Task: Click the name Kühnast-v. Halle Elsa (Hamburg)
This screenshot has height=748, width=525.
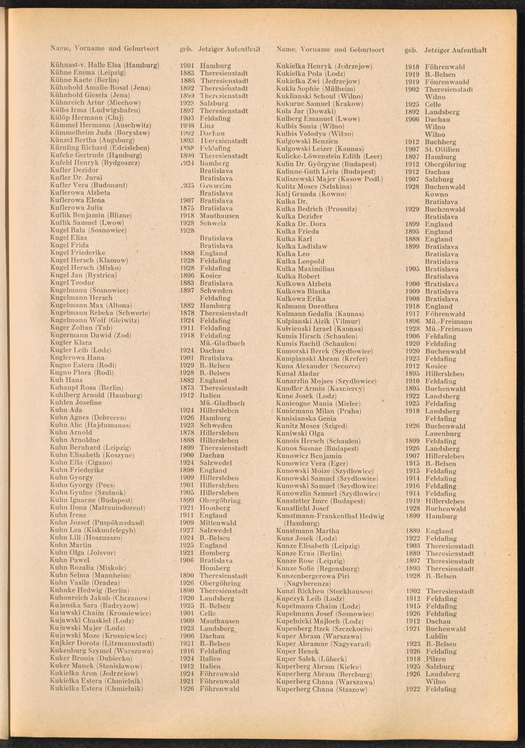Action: click(x=104, y=66)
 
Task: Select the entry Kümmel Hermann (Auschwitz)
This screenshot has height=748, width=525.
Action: click(x=100, y=126)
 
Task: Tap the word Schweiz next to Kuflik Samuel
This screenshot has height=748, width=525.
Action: click(x=213, y=223)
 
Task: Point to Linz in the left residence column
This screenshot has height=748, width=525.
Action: click(x=207, y=126)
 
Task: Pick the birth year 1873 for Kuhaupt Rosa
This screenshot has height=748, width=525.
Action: click(x=187, y=388)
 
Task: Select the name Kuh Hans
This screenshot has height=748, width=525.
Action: click(x=66, y=380)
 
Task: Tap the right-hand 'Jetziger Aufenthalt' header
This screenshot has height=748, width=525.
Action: click(x=456, y=50)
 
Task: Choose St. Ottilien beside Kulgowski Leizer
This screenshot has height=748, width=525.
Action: click(x=442, y=150)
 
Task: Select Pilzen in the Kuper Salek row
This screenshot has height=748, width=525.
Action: click(x=436, y=659)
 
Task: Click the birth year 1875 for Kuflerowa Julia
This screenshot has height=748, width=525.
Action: click(x=187, y=208)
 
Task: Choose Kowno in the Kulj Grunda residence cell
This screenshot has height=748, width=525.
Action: click(x=436, y=194)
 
